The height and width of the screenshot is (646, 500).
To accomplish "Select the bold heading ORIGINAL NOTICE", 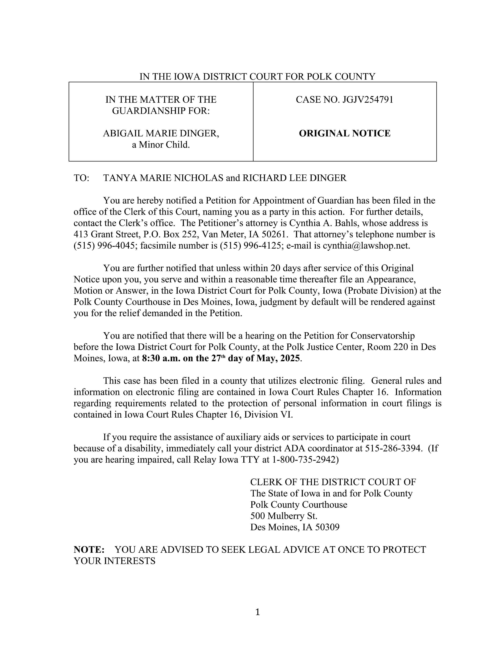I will [x=345, y=133].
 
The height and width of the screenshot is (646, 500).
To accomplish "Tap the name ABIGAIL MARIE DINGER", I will [x=161, y=133].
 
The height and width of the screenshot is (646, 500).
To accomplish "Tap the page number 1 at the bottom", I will [x=257, y=612].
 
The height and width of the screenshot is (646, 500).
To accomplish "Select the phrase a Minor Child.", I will [x=161, y=145].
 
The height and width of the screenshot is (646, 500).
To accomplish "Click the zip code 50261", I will [x=275, y=234].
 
